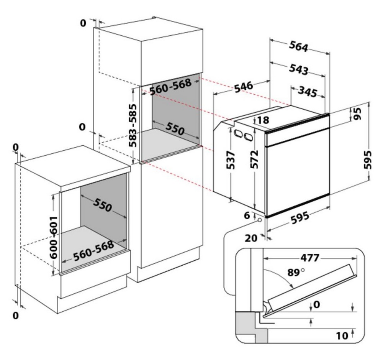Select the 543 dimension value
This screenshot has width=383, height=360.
coord(298,69)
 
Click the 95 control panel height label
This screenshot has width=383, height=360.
coord(357,114)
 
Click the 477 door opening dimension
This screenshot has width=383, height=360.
coord(309,258)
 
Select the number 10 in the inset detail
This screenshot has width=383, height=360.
coord(342,336)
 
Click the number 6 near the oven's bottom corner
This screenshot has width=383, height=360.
coord(247,215)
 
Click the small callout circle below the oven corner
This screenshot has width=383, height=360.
coord(260,221)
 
